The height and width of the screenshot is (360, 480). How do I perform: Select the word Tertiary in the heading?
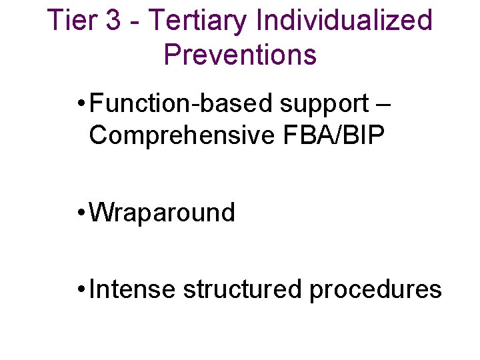coord(197,21)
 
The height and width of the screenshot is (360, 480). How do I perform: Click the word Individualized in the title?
coord(343,21)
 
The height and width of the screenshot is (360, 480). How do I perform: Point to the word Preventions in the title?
coord(240,55)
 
